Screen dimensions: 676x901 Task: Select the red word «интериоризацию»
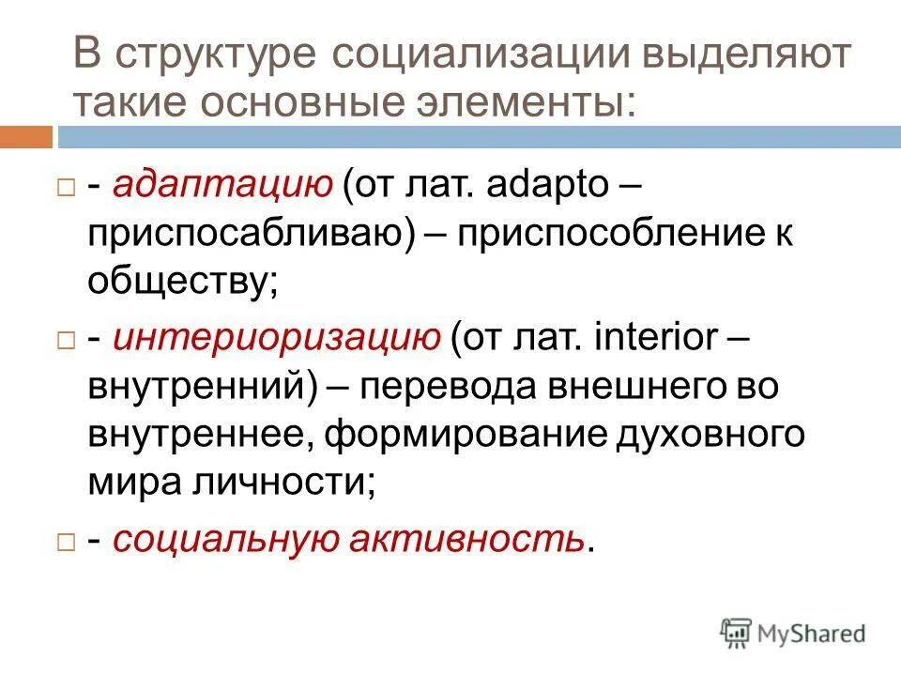tap(277, 339)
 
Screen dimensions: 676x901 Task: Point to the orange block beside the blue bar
tap(26, 137)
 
